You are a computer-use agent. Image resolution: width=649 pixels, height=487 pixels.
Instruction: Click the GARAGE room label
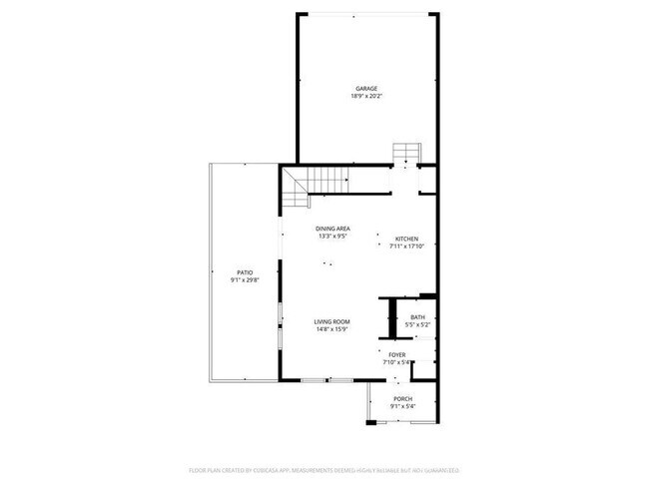(x=365, y=89)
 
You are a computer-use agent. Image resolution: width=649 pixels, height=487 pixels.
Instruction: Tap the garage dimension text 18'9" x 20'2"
(x=365, y=97)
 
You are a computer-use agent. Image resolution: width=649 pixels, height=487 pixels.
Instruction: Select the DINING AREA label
(x=333, y=229)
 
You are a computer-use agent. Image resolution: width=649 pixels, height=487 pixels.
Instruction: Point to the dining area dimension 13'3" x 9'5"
(x=333, y=237)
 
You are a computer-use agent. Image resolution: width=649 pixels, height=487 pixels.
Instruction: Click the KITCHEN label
(x=406, y=239)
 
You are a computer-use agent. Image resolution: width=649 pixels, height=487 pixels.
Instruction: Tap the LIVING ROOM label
(x=331, y=321)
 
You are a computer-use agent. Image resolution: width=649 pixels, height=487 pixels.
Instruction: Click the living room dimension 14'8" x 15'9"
(x=331, y=329)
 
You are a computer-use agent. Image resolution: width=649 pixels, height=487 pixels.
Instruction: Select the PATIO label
(x=245, y=271)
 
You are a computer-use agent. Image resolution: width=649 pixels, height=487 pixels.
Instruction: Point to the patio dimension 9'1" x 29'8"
(x=245, y=279)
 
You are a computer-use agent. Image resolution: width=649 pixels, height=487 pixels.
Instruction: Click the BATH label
(x=417, y=317)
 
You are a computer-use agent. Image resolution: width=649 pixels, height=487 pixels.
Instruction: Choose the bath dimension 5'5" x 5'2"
(x=417, y=325)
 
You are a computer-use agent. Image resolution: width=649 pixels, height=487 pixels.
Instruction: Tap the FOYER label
(x=397, y=354)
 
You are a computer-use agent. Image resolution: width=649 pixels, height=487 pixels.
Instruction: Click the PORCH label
(x=402, y=398)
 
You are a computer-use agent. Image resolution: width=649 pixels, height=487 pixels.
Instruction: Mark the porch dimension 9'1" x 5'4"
(x=402, y=406)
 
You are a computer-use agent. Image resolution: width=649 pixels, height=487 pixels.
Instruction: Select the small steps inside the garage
(x=406, y=152)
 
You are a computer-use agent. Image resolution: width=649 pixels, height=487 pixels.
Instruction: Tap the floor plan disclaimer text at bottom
(x=324, y=469)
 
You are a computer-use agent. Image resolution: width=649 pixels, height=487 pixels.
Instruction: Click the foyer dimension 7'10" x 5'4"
(x=398, y=362)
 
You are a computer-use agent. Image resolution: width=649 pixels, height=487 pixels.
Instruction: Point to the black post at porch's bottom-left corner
(x=370, y=424)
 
